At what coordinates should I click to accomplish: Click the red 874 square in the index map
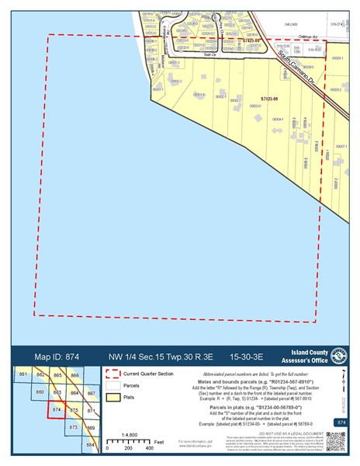(x=56, y=409)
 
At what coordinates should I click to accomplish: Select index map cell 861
(x=22, y=376)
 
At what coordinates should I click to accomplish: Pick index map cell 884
(x=91, y=445)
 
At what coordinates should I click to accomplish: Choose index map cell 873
(x=74, y=428)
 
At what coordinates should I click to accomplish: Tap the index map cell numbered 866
(x=74, y=376)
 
